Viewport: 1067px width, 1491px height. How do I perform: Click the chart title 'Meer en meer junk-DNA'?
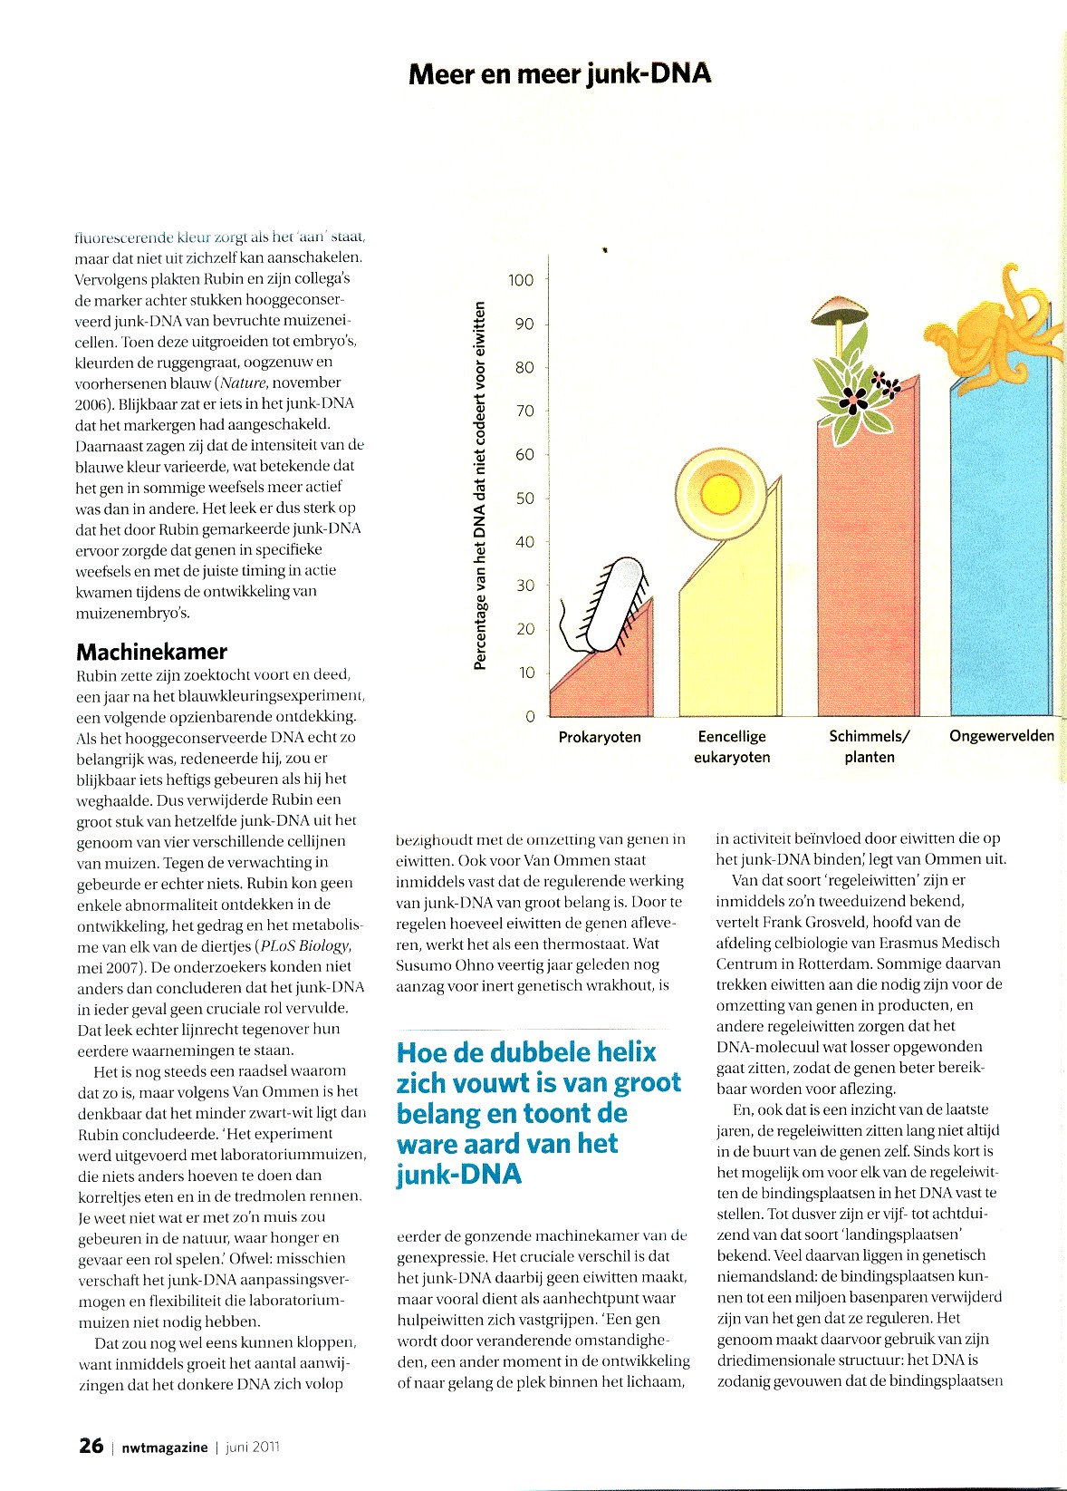pyautogui.click(x=560, y=74)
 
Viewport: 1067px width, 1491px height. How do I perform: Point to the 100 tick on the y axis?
pyautogui.click(x=521, y=280)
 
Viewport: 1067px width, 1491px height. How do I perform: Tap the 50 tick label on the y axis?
pyautogui.click(x=524, y=499)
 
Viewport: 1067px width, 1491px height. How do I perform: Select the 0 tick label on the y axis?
pyautogui.click(x=530, y=717)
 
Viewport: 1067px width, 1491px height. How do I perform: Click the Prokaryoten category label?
pyautogui.click(x=600, y=738)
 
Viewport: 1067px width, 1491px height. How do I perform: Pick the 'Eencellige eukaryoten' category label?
pyautogui.click(x=732, y=747)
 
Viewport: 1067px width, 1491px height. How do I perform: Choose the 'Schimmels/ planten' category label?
pyautogui.click(x=870, y=747)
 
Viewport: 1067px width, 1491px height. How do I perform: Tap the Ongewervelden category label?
pyautogui.click(x=1001, y=736)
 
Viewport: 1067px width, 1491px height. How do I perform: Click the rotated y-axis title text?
pyautogui.click(x=480, y=485)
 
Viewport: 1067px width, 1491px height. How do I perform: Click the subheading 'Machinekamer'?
pyautogui.click(x=151, y=651)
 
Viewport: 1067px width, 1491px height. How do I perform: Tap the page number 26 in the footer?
pyautogui.click(x=91, y=1446)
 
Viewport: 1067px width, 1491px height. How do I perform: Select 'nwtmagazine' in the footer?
pyautogui.click(x=164, y=1447)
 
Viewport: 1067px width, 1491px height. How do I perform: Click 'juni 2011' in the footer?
pyautogui.click(x=253, y=1447)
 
